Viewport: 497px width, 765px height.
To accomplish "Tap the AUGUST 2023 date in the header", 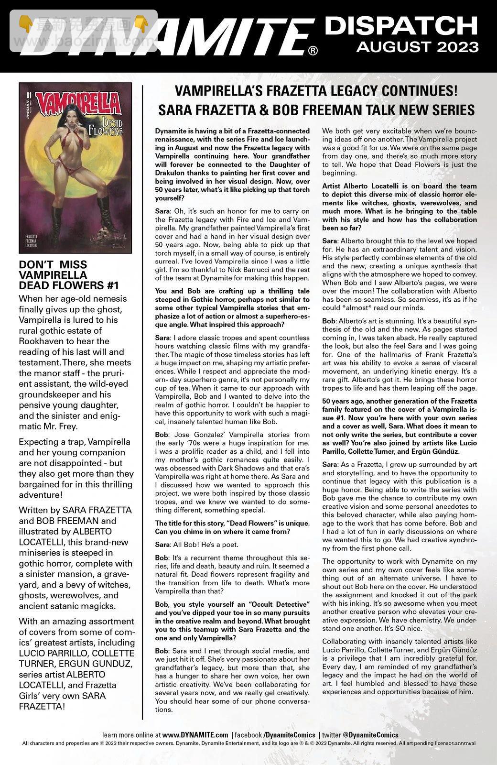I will click(417, 47).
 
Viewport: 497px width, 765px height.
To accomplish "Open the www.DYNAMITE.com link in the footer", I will click(195, 735).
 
